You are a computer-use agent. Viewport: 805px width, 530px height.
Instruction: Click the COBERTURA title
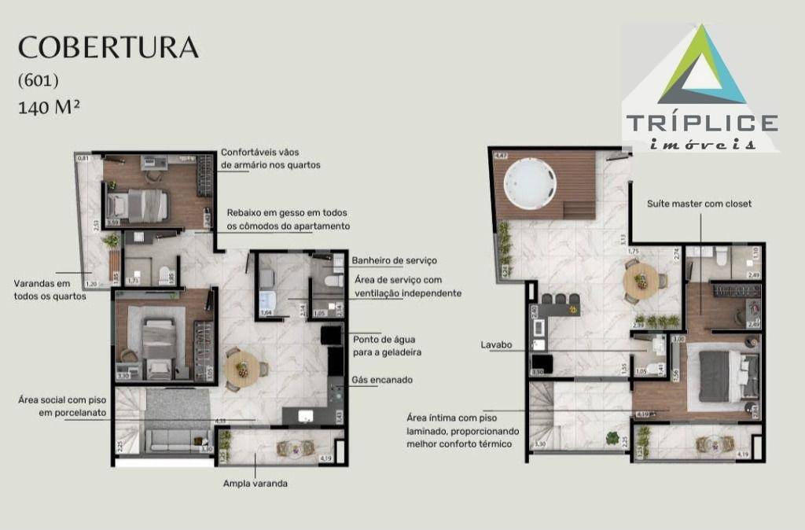coord(108,47)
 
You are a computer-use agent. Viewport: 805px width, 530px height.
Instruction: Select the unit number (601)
coord(39,80)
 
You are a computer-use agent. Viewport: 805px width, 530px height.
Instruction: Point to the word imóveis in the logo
coord(703,143)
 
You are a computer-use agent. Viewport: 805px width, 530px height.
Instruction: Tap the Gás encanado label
coord(383,380)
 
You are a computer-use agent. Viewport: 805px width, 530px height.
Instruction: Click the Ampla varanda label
coord(255,484)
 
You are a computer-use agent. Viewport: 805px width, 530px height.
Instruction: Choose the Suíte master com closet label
coord(699,204)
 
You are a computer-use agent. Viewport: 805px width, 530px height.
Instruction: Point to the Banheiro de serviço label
coord(394,260)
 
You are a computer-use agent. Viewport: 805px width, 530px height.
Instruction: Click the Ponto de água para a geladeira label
coord(388,344)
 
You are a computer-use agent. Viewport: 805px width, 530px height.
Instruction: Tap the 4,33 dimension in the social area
coord(221,421)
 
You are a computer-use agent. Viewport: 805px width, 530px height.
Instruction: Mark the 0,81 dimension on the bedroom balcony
coord(83,159)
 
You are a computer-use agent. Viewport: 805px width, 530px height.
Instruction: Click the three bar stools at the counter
coord(563,299)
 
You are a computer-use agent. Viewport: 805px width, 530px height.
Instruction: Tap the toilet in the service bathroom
coord(332,281)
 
